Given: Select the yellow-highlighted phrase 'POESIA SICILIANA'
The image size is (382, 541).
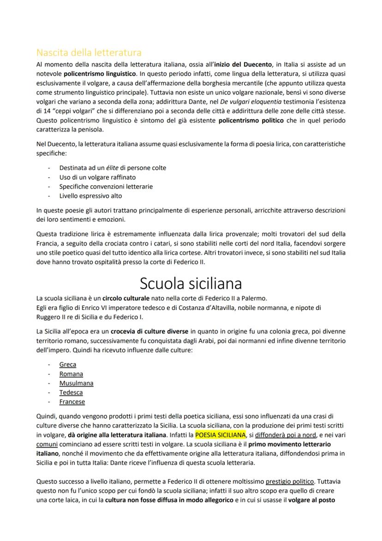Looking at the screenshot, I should pyautogui.click(x=221, y=435).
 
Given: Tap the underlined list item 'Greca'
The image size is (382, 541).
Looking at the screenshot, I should pyautogui.click(x=68, y=365).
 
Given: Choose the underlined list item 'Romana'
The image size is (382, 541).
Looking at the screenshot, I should pyautogui.click(x=71, y=374).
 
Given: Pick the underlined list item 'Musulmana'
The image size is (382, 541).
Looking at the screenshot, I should pyautogui.click(x=76, y=383).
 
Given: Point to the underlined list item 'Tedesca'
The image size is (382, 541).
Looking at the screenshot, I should pyautogui.click(x=71, y=392).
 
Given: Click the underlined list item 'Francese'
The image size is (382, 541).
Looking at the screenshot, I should pyautogui.click(x=72, y=402).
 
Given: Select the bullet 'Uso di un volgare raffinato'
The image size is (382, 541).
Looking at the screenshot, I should pyautogui.click(x=97, y=177).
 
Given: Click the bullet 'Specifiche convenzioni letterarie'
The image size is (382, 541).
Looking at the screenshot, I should pyautogui.click(x=106, y=187).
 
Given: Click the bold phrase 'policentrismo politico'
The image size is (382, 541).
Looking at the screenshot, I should pyautogui.click(x=251, y=121).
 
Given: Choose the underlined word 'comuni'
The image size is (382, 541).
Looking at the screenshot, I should pyautogui.click(x=47, y=444).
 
